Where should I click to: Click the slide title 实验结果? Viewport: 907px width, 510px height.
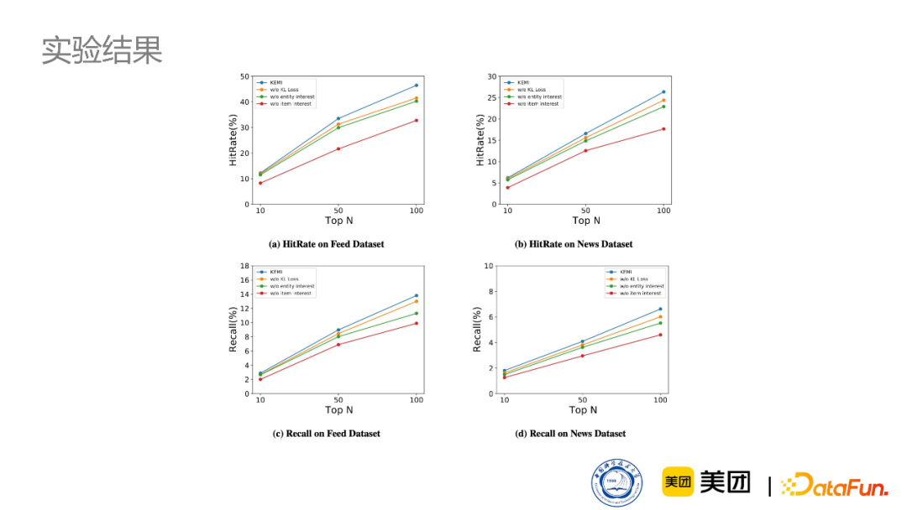102,51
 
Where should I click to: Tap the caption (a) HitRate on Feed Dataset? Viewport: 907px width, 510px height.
326,244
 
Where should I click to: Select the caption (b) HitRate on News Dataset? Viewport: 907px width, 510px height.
574,244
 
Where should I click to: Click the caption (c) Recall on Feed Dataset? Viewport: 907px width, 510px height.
326,434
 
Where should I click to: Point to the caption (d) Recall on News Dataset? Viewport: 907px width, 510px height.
570,434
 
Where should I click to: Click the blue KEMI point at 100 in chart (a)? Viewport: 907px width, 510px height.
416,86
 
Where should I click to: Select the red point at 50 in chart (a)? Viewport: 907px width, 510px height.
338,148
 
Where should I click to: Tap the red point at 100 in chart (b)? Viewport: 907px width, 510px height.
663,128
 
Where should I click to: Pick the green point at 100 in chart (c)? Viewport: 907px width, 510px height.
416,314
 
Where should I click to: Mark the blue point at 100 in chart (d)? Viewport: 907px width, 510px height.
660,309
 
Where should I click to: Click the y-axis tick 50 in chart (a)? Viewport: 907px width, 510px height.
244,76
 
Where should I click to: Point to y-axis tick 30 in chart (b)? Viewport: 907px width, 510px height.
493,76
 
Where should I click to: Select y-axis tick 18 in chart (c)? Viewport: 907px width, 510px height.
245,266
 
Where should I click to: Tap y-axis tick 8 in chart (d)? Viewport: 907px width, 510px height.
489,291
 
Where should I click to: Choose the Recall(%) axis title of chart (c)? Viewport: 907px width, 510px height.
233,329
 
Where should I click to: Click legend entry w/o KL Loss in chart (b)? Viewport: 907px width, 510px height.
531,90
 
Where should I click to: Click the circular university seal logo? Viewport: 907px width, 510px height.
616,484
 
